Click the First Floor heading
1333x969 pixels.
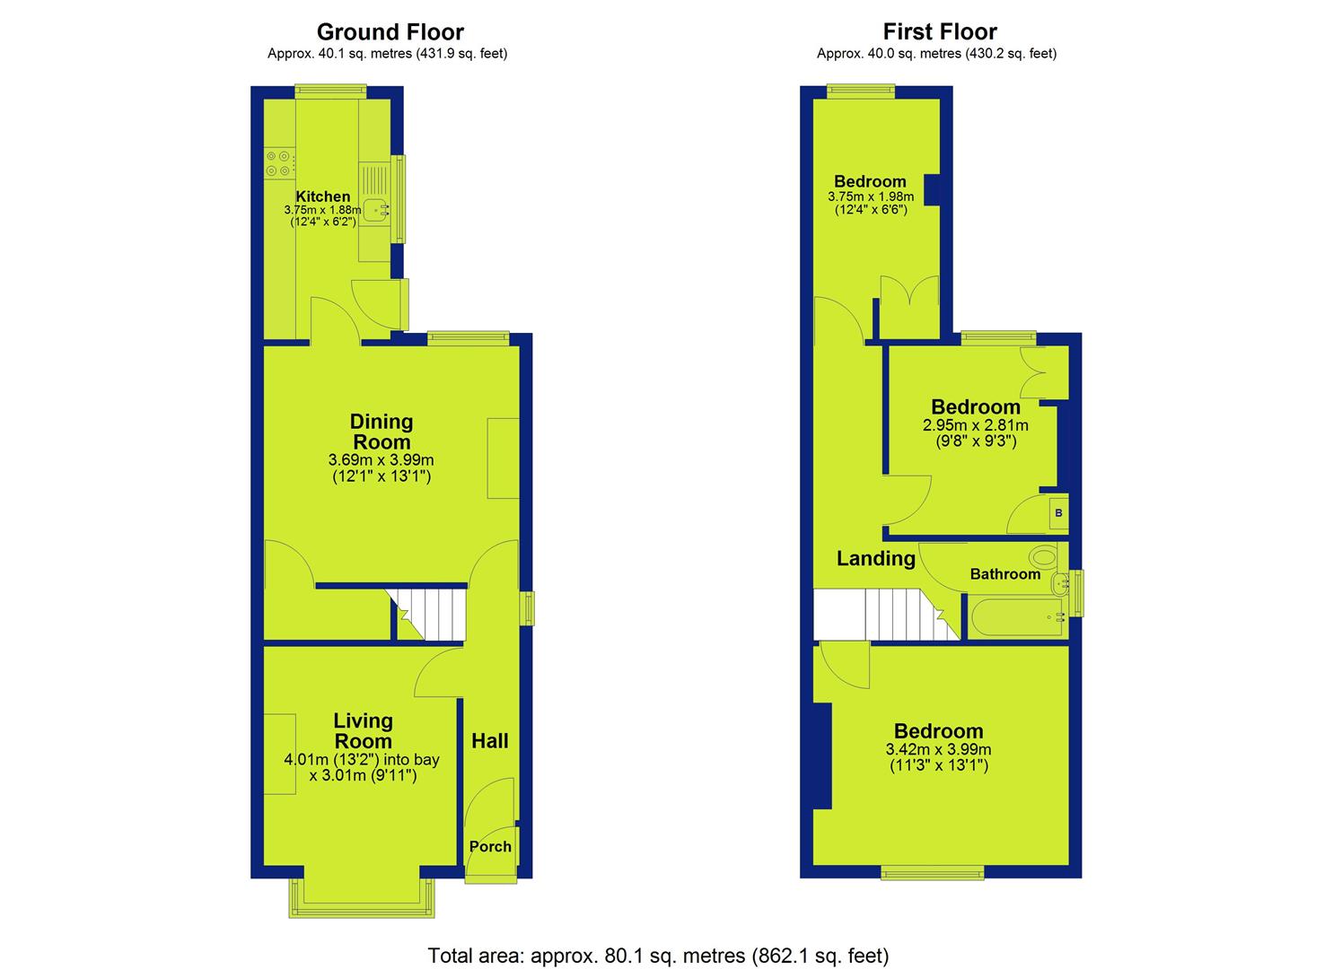[x=940, y=31]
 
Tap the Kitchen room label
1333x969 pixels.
[x=323, y=196]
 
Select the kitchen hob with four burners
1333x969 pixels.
[x=278, y=163]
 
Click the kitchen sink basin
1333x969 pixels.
[x=375, y=211]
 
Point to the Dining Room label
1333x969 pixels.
[x=381, y=432]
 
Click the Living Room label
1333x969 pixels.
[x=363, y=730]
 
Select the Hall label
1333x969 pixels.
[x=490, y=740]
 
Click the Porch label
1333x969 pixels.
[x=490, y=846]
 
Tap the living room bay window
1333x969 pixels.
[x=361, y=898]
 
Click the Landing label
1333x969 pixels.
[x=876, y=559]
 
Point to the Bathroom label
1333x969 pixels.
[x=1005, y=574]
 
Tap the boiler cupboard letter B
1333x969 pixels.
[x=1058, y=512]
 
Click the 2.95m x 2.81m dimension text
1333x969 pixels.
[x=976, y=425]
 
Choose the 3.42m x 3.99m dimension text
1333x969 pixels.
[x=938, y=749]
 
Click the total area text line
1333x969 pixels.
[x=658, y=939]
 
